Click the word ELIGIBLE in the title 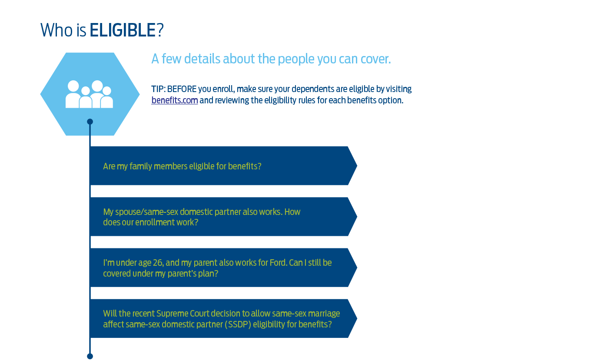tap(123, 30)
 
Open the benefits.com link tap(174, 100)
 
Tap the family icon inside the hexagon tap(89, 94)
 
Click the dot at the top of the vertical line tap(90, 122)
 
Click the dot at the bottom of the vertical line tap(90, 356)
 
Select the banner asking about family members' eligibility tap(223, 166)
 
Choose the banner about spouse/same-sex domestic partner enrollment tap(223, 217)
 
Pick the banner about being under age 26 tap(223, 268)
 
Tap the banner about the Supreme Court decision tap(223, 319)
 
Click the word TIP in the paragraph tap(158, 89)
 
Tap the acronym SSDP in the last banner tap(239, 324)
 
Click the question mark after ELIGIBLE tap(160, 30)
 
